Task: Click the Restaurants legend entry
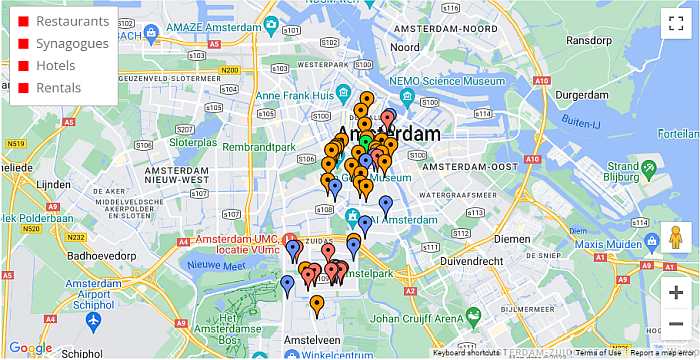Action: click(71, 21)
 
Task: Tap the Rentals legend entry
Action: click(58, 88)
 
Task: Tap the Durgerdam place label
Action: click(581, 94)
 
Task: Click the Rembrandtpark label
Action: click(259, 147)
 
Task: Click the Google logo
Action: click(30, 348)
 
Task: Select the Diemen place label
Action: click(511, 239)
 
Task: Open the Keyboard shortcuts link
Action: click(466, 353)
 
